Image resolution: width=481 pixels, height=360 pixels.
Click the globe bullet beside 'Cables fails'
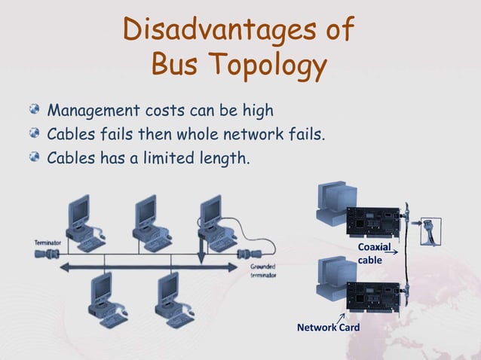[35, 135]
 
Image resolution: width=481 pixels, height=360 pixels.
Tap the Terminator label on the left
[47, 243]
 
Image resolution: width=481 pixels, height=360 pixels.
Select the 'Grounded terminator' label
[263, 270]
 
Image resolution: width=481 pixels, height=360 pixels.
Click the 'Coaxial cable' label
[374, 253]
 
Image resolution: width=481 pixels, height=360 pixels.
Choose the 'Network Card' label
[328, 328]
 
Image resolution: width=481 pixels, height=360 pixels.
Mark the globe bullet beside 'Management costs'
[35, 111]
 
